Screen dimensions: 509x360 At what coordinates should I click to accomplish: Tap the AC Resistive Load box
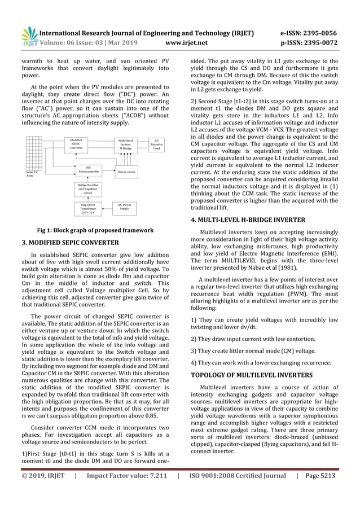tap(157, 143)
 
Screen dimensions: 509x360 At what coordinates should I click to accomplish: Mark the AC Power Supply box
tap(125, 207)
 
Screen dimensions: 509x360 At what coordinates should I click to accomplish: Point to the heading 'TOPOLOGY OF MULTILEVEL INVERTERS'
tap(252, 373)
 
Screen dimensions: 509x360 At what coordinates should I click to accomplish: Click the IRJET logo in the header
tap(28, 37)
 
